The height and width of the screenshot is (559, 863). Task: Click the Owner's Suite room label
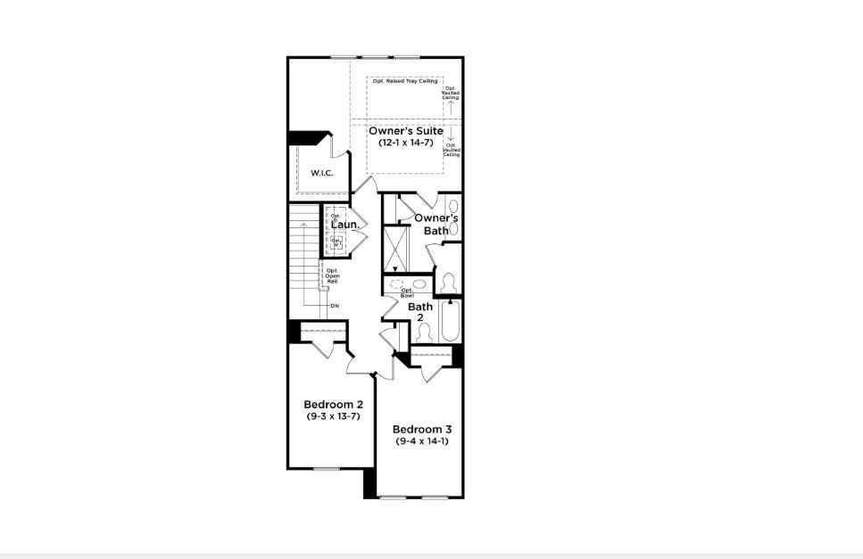(406, 131)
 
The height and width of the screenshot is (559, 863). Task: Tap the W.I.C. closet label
(321, 172)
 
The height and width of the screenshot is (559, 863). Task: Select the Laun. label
(344, 226)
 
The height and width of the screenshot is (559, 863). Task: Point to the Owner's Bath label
(436, 224)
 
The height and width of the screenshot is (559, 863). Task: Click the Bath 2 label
(420, 312)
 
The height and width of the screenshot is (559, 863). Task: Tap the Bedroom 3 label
(420, 428)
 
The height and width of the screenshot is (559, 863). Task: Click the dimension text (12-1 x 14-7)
(406, 143)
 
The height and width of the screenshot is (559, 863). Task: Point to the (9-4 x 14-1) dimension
(420, 440)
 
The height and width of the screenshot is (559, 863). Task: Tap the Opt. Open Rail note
(331, 275)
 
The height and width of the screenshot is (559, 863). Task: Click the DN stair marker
(335, 306)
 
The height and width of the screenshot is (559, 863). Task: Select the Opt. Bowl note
(407, 292)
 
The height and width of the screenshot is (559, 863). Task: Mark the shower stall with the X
(394, 250)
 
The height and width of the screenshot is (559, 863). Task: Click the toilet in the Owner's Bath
(449, 283)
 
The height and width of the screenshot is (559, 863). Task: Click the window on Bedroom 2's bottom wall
(327, 468)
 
